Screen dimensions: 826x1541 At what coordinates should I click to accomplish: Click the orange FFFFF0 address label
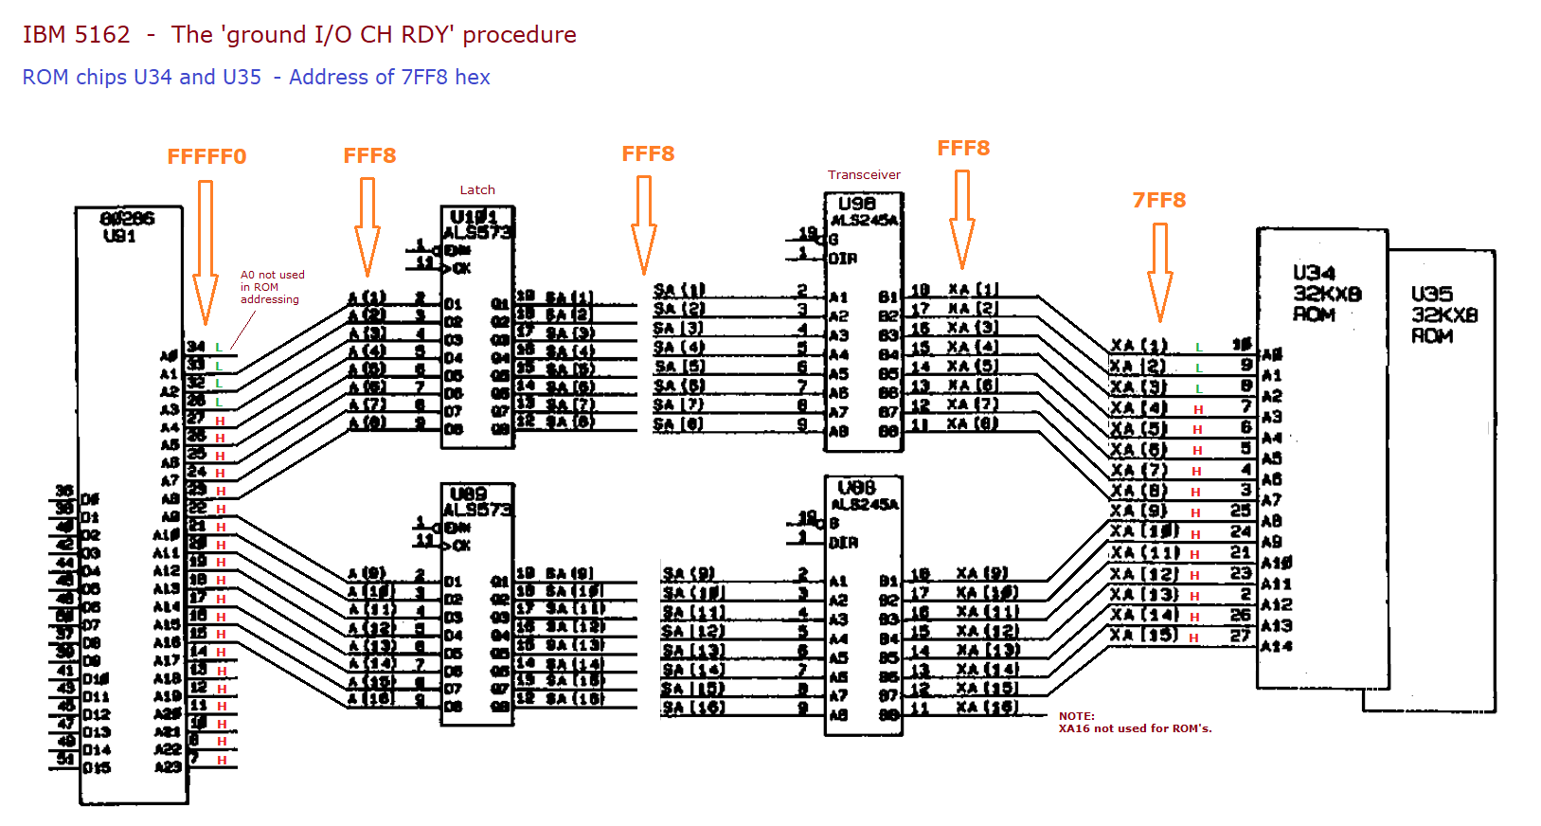point(206,157)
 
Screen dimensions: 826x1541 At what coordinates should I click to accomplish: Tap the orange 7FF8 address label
point(1159,201)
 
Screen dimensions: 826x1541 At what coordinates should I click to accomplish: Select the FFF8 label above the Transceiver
point(963,149)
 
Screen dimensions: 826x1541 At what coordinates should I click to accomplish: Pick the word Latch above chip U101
point(477,190)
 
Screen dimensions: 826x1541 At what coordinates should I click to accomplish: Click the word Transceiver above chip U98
point(864,175)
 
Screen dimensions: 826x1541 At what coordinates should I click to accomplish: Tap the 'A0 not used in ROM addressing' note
point(272,287)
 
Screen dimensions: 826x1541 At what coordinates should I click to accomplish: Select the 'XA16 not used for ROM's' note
point(1135,723)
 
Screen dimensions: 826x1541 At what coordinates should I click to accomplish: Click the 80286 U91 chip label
point(126,227)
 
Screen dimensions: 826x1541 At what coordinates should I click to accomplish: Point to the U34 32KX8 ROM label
point(1326,294)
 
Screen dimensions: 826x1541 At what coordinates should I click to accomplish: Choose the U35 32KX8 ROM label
point(1443,314)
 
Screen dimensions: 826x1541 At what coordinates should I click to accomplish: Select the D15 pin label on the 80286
point(97,768)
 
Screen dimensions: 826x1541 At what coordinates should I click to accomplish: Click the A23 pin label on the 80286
point(168,767)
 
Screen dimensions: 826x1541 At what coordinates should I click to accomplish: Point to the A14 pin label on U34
point(1276,647)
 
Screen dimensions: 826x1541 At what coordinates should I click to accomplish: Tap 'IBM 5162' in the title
point(77,35)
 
